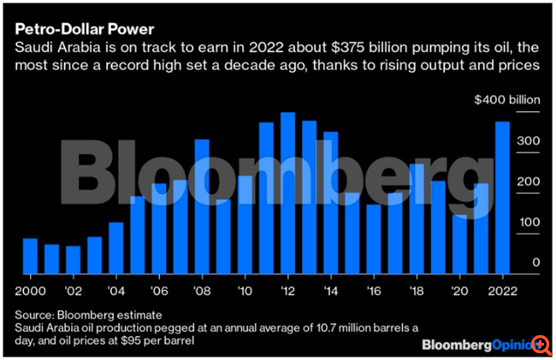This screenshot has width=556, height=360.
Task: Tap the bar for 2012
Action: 288,192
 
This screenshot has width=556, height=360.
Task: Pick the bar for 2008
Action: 202,206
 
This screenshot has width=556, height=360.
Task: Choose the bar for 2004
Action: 115,247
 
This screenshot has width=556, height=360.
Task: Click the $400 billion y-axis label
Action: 508,100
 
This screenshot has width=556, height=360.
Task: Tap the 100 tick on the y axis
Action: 531,223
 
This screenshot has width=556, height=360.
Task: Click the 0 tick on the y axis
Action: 536,263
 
